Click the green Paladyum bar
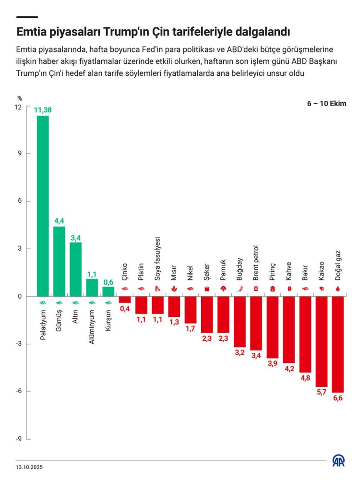tap(43, 206)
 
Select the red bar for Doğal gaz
tap(337, 344)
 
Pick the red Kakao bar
tap(321, 342)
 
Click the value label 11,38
tap(43, 110)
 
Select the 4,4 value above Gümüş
tap(59, 221)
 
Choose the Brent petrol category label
tap(256, 263)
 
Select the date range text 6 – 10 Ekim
tap(327, 104)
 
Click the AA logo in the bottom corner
tap(338, 461)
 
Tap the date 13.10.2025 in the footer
tap(28, 467)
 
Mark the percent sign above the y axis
tap(20, 98)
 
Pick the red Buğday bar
tap(240, 322)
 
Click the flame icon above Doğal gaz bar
tap(337, 289)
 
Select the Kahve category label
tap(288, 271)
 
